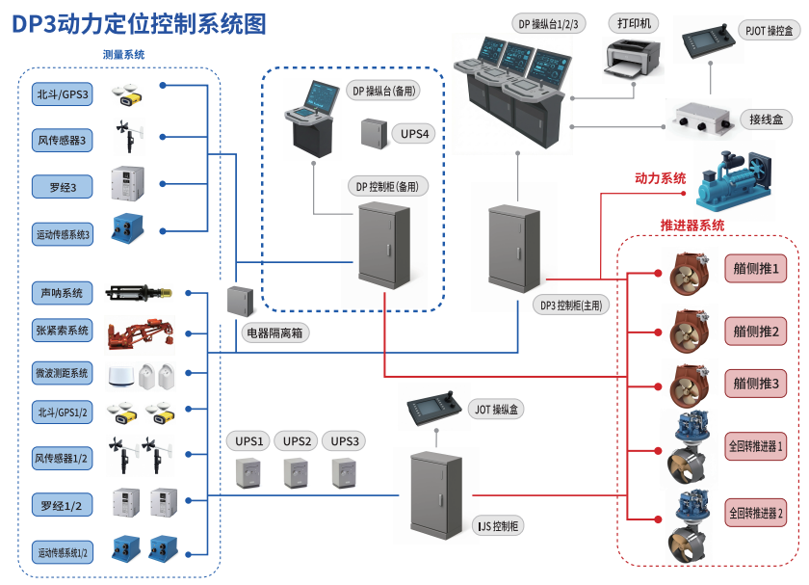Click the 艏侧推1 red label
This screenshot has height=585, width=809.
coord(756,267)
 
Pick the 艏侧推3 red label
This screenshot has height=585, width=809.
coord(756,383)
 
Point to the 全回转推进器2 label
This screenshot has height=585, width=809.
coord(756,513)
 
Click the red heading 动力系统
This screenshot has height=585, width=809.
coord(660,178)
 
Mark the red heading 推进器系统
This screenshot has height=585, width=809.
coord(692,225)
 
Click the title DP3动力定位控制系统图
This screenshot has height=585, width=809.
coord(139,23)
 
